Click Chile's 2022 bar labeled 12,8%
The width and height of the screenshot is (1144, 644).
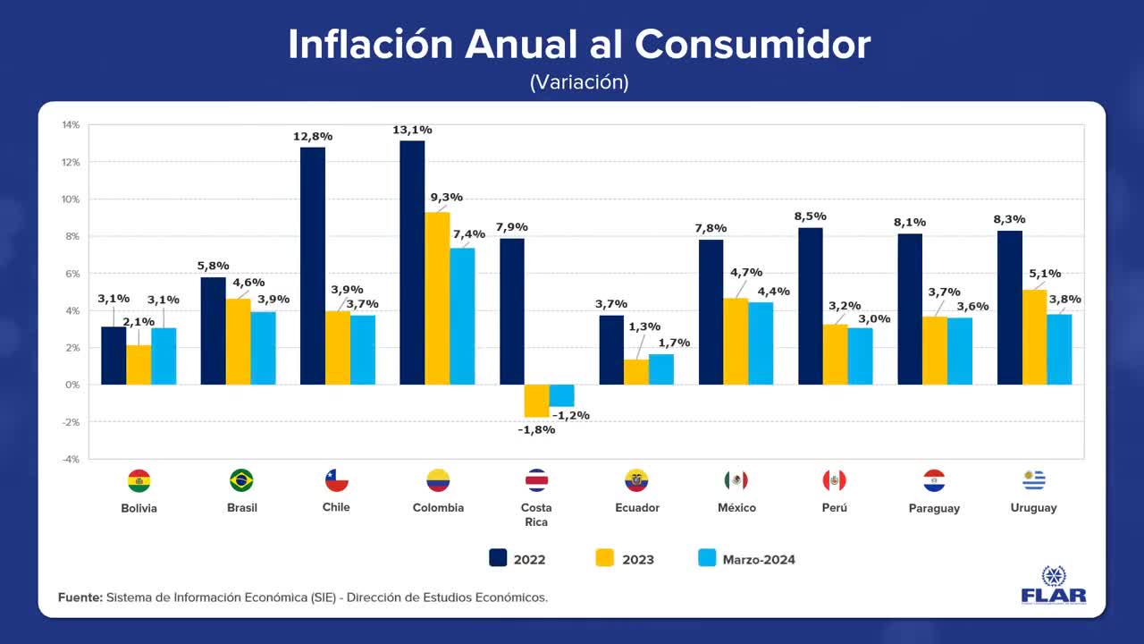pyautogui.click(x=313, y=266)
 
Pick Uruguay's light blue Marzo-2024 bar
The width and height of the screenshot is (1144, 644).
pyautogui.click(x=1059, y=350)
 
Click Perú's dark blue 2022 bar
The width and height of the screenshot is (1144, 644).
pyautogui.click(x=811, y=306)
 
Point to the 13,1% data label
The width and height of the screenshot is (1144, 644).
pyautogui.click(x=412, y=131)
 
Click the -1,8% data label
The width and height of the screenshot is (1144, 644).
pyautogui.click(x=536, y=429)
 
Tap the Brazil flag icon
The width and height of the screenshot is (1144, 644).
pyautogui.click(x=241, y=480)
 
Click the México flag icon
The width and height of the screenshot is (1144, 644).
pyautogui.click(x=736, y=480)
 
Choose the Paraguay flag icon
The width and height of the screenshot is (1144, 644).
pyautogui.click(x=934, y=480)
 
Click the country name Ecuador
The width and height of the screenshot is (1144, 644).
pyautogui.click(x=637, y=508)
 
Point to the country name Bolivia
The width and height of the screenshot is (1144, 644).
pyautogui.click(x=139, y=508)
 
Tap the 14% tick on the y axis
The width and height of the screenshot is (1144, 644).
pyautogui.click(x=71, y=125)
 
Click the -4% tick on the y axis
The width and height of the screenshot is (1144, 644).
pyautogui.click(x=71, y=459)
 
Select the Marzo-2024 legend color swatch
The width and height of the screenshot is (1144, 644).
pyautogui.click(x=707, y=558)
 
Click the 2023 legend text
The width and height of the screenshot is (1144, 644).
pyautogui.click(x=637, y=560)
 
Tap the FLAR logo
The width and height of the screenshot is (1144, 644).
pyautogui.click(x=1054, y=586)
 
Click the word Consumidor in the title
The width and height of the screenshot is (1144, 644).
pyautogui.click(x=753, y=44)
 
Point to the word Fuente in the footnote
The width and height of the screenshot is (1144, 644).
pyautogui.click(x=80, y=597)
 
